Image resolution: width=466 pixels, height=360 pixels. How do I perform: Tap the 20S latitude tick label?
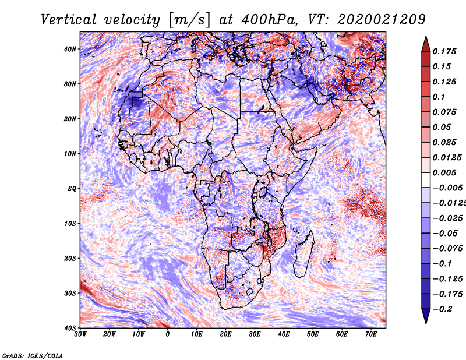[70, 258]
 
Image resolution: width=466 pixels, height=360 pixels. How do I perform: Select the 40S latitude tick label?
[70, 327]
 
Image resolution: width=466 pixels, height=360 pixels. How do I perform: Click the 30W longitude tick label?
[80, 334]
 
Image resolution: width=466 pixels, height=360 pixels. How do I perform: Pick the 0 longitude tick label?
[168, 334]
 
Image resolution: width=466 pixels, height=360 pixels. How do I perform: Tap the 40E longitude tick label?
[284, 334]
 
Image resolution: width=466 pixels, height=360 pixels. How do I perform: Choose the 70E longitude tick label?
[371, 334]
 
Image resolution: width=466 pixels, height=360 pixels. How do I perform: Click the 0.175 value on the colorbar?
[442, 51]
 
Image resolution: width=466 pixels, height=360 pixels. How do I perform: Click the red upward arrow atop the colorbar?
[426, 43]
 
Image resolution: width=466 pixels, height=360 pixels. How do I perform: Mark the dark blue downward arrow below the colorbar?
[426, 316]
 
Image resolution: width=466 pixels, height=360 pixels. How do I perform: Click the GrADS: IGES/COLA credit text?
[33, 355]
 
